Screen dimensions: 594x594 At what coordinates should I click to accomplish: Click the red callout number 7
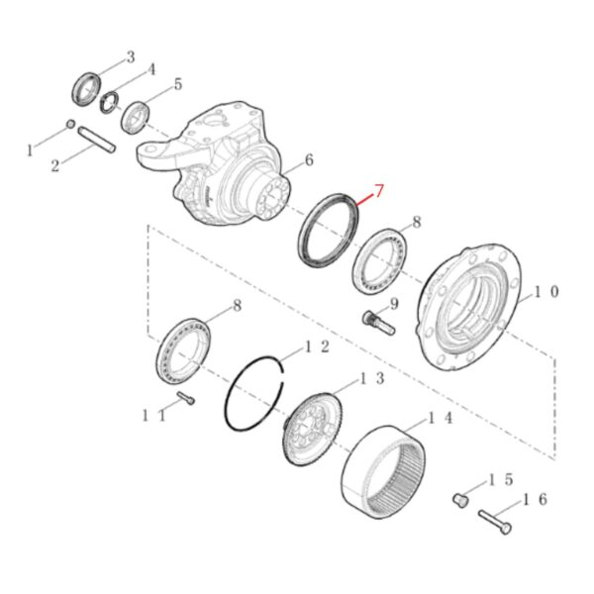pos(379,190)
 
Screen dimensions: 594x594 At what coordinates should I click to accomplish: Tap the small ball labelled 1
pos(70,124)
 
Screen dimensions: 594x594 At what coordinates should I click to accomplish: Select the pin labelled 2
pos(97,141)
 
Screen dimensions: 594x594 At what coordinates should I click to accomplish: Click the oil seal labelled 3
pos(86,89)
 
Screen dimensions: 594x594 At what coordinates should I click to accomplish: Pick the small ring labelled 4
pos(110,102)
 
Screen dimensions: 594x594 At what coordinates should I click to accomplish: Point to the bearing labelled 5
pos(136,118)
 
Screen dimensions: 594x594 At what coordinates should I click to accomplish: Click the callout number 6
pos(309,160)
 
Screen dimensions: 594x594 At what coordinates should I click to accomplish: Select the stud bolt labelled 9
pos(379,322)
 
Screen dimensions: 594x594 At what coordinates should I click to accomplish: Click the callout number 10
pos(545,292)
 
